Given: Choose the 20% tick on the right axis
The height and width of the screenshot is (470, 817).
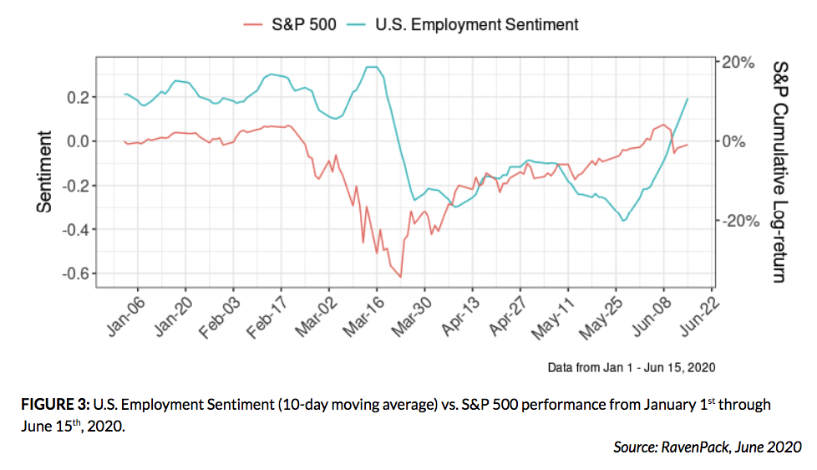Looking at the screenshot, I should coord(738,62).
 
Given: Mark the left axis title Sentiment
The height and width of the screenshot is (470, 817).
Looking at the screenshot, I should coord(44,171).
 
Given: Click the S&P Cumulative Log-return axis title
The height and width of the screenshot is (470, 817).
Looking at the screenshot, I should coord(779,171).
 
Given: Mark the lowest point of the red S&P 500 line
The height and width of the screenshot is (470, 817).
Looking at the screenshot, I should coord(401,277).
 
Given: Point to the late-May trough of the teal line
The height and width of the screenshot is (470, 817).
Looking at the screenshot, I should coord(623,221).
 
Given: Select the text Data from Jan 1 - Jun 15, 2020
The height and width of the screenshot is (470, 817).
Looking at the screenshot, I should coord(631,366).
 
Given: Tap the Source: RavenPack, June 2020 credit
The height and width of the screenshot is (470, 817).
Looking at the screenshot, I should coord(707,447).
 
